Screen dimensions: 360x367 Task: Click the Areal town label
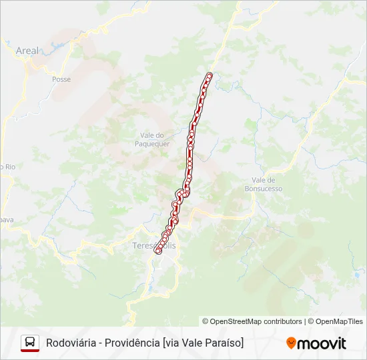pos(27,51)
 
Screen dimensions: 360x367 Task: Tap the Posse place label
pos(61,79)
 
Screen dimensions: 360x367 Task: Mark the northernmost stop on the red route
pos(210,75)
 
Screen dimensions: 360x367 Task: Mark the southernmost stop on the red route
pos(158,251)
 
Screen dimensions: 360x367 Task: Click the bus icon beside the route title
pos(30,343)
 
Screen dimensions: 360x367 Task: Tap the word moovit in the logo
pos(322,343)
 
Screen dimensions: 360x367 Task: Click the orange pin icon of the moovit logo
pos(291,343)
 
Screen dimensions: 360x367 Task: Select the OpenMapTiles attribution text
pos(339,321)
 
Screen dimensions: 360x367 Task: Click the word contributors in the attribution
pos(283,321)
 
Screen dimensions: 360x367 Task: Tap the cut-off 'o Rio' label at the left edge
pos(7,167)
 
